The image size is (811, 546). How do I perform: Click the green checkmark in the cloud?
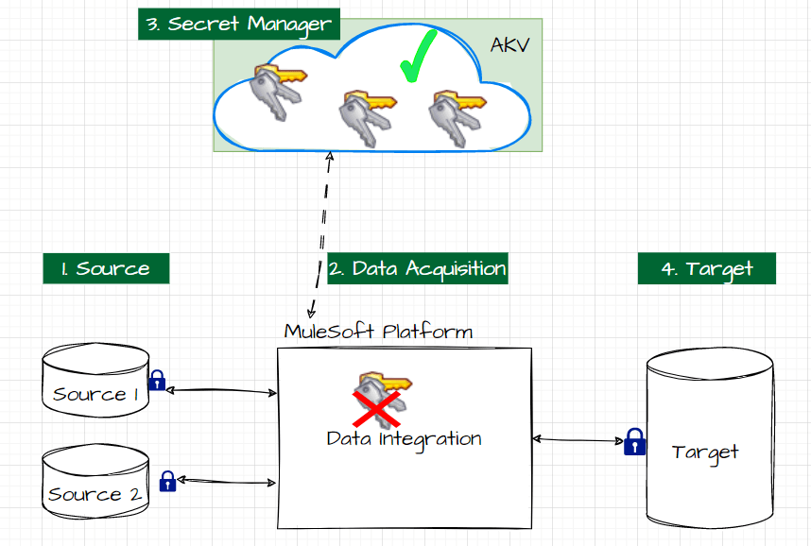[x=416, y=57]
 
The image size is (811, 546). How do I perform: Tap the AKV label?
[x=510, y=44]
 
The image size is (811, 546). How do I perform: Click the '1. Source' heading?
[x=106, y=268]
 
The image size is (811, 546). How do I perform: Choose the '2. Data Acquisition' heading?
[x=417, y=268]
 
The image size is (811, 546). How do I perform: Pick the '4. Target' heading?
[x=706, y=268]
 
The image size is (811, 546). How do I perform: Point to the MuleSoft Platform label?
[x=378, y=332]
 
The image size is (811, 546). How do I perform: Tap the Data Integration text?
[x=404, y=439]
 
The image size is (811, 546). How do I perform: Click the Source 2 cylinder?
[x=95, y=483]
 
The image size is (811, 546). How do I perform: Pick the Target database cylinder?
[x=709, y=440]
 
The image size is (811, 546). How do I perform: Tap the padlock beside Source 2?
[x=167, y=481]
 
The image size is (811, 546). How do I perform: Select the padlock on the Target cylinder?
[x=635, y=441]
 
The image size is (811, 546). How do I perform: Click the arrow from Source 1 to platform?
[x=220, y=390]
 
